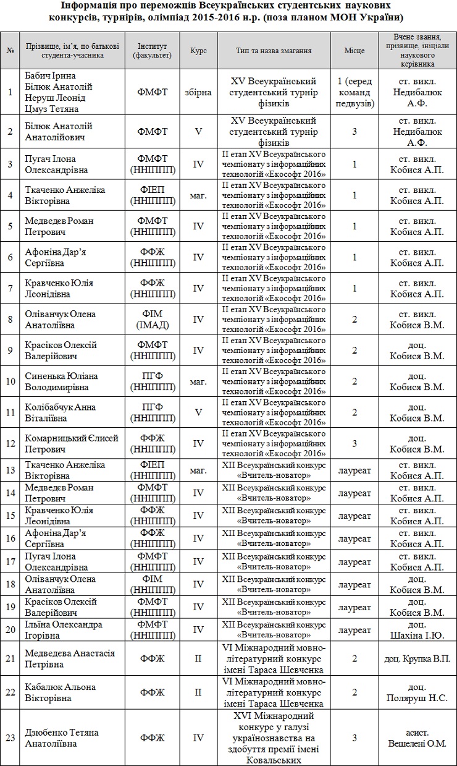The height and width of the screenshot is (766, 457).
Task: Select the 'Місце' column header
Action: pyautogui.click(x=354, y=50)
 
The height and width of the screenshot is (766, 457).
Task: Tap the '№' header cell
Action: pyautogui.click(x=10, y=50)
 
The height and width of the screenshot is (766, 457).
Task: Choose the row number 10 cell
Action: pyautogui.click(x=10, y=381)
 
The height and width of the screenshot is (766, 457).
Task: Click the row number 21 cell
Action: pyautogui.click(x=10, y=658)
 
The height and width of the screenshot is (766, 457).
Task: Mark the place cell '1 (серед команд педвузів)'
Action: pyautogui.click(x=354, y=92)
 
